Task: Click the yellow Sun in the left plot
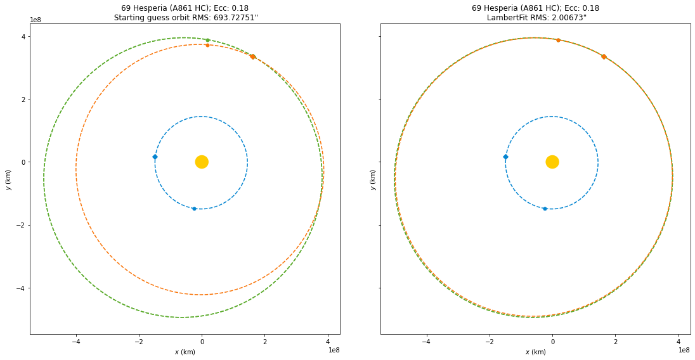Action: tap(202, 162)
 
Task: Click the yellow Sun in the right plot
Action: tap(552, 162)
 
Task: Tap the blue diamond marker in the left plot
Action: tap(155, 157)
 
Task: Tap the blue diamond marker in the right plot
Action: tap(505, 157)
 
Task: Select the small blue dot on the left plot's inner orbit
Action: tap(194, 209)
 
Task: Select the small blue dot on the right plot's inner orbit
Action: tap(545, 209)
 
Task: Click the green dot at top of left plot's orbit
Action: tap(207, 40)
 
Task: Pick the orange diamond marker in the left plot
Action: tap(252, 56)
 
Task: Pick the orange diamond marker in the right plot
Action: tap(604, 56)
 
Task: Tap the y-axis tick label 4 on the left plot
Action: tap(23, 37)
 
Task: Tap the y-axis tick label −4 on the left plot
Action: tap(21, 288)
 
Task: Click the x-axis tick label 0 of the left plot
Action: tap(202, 342)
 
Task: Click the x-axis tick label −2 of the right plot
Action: tap(488, 342)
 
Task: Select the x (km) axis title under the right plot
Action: tap(536, 352)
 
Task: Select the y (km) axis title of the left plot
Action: tap(8, 179)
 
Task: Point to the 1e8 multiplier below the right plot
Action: tap(684, 349)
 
